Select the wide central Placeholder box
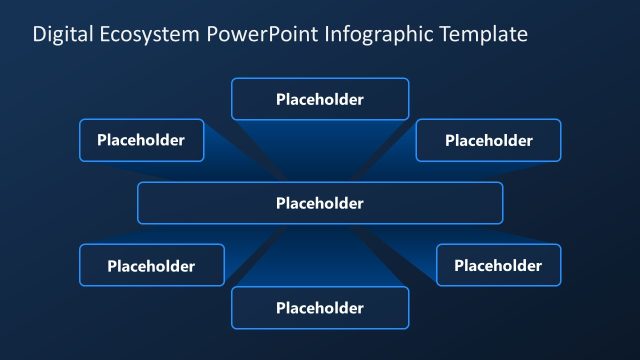[x=320, y=203]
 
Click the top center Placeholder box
[x=320, y=99]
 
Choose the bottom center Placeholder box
[x=320, y=308]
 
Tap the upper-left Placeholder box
[x=141, y=140]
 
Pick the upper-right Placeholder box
[x=488, y=140]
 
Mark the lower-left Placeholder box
[x=151, y=265]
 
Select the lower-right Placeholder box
[x=498, y=265]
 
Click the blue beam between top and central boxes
[x=320, y=150]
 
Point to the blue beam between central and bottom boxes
[x=320, y=255]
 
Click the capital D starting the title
[x=39, y=35]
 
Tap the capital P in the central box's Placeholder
[x=280, y=203]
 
